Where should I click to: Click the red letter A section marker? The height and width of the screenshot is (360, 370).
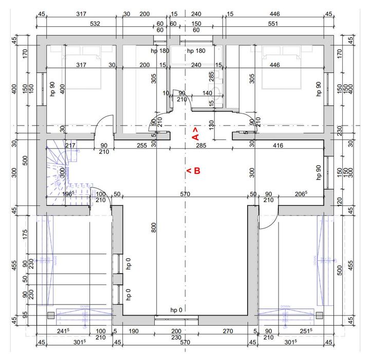(x=195, y=135)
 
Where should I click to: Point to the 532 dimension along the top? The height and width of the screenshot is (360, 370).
(x=81, y=24)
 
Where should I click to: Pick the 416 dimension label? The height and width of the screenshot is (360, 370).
(x=278, y=146)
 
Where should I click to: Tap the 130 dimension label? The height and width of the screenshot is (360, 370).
(x=211, y=124)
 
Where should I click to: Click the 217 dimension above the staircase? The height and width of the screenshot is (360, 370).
(x=70, y=146)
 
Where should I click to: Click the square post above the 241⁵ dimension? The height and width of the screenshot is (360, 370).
(x=50, y=315)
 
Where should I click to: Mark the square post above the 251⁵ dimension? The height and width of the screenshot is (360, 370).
(x=321, y=315)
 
